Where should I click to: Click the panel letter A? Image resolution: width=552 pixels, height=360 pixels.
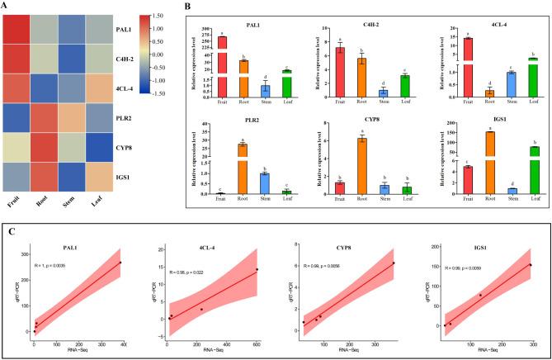7,7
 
